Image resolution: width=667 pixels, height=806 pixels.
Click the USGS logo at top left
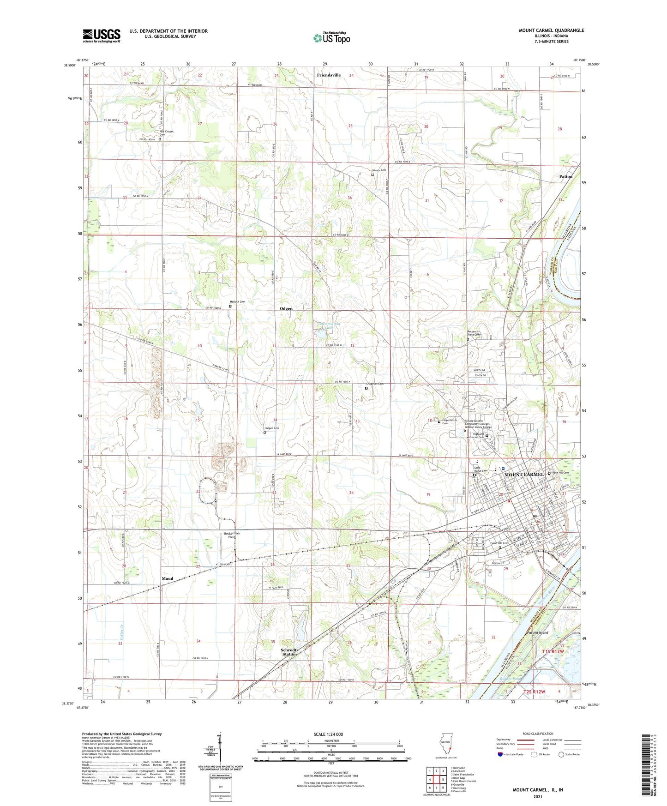(102, 35)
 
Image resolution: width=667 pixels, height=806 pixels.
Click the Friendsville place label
(329, 75)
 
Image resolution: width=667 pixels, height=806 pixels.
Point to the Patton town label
(565, 176)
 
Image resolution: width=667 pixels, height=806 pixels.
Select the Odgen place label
(286, 308)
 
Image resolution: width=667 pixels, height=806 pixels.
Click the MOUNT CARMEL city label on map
(523, 475)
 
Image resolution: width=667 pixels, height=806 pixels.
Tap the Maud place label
(167, 578)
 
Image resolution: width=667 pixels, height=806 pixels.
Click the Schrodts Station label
(289, 652)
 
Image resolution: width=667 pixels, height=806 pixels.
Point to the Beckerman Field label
(232, 535)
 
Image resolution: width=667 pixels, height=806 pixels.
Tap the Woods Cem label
(379, 170)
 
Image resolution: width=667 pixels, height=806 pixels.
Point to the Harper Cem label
(271, 428)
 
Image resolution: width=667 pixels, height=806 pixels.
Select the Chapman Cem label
(374, 384)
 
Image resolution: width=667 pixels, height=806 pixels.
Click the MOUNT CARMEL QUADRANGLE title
(551, 30)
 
